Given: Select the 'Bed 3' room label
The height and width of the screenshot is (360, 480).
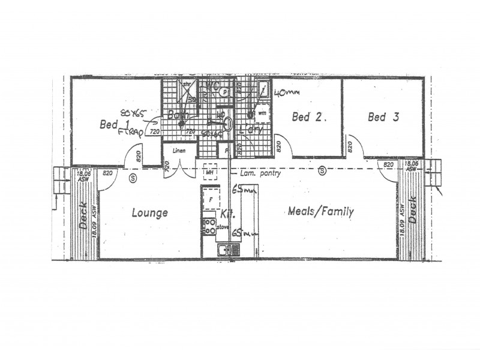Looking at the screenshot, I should [383, 118].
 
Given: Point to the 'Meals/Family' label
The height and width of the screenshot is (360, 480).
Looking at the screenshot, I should [320, 211].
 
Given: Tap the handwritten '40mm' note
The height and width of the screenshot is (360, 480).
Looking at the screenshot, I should [286, 93].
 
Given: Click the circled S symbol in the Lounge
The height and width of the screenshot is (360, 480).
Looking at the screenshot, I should [132, 178].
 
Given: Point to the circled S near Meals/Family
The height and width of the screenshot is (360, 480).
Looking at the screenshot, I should [323, 170].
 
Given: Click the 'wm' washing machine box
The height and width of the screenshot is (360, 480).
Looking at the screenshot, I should [262, 112].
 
